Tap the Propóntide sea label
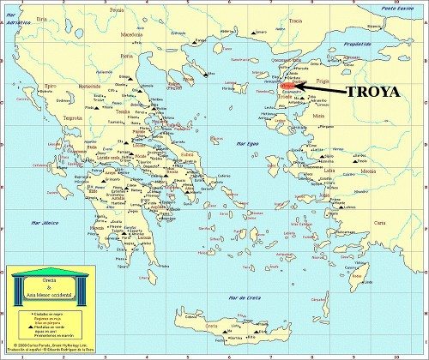[356, 42]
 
